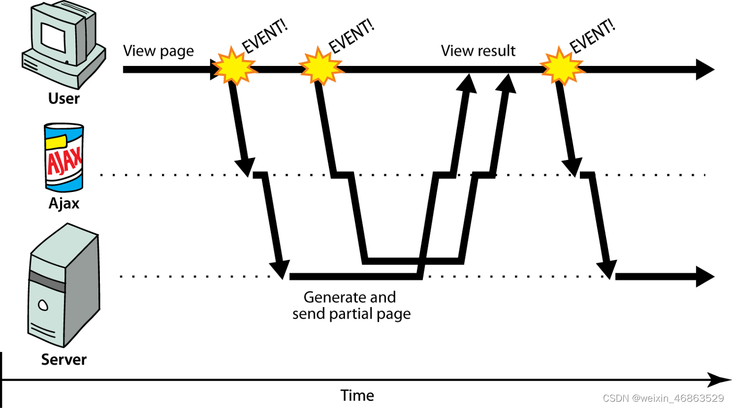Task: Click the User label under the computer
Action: pyautogui.click(x=64, y=98)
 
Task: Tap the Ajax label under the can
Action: pyautogui.click(x=64, y=203)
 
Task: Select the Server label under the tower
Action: pyautogui.click(x=64, y=359)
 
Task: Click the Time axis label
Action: pyautogui.click(x=357, y=395)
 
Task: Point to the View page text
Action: pyautogui.click(x=158, y=51)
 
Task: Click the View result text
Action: pyautogui.click(x=478, y=51)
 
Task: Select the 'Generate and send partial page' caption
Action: pyautogui.click(x=351, y=306)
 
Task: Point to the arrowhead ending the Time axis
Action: pyautogui.click(x=716, y=379)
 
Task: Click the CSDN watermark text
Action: pyautogui.click(x=663, y=398)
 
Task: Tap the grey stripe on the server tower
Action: pyautogui.click(x=47, y=281)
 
